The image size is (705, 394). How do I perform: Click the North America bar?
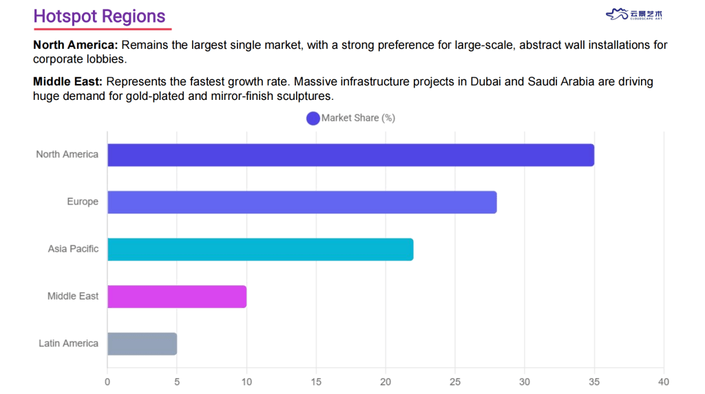[x=350, y=155]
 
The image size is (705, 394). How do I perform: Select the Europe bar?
[x=302, y=202]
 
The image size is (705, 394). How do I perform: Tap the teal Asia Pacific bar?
[x=260, y=249]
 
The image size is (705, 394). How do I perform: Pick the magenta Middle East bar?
[x=177, y=296]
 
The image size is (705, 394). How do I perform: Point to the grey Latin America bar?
[x=142, y=344]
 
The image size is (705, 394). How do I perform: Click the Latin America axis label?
[x=68, y=344]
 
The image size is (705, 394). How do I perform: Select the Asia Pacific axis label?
[x=73, y=249]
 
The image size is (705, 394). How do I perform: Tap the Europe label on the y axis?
[x=83, y=202]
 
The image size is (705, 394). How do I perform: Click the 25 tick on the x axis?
[x=455, y=382]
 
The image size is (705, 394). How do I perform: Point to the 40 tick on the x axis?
[x=664, y=382]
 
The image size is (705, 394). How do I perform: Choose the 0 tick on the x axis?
[x=107, y=382]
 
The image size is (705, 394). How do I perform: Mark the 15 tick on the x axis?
[x=316, y=382]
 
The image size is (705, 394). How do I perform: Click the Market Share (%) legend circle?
[x=313, y=118]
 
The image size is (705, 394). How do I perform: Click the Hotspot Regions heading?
[x=99, y=17]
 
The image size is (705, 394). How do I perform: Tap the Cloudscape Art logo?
[x=634, y=14]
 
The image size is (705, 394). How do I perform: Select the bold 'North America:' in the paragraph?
[x=76, y=45]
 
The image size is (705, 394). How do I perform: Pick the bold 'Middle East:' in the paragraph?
[x=67, y=82]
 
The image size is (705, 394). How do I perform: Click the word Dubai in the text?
[x=487, y=82]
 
